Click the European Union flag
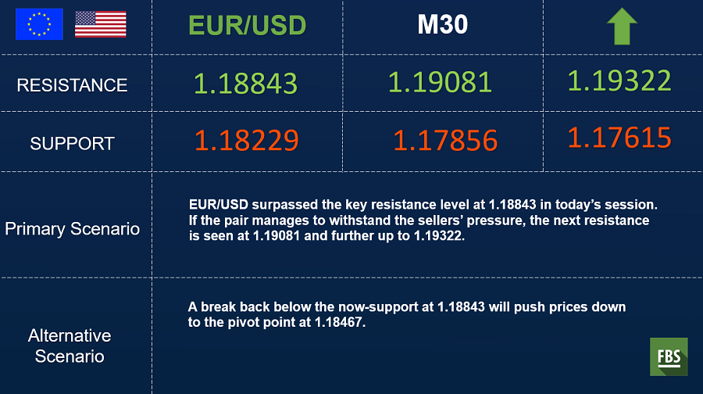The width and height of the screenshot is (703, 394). click(40, 24)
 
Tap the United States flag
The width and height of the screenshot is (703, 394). click(101, 24)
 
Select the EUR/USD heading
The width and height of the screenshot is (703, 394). click(248, 25)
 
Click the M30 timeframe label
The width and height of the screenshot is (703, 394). click(443, 24)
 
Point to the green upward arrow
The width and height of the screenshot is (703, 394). click(622, 27)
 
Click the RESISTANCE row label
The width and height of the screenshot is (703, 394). click(72, 85)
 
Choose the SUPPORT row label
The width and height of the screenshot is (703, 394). click(72, 144)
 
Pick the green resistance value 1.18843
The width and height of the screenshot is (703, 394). click(246, 84)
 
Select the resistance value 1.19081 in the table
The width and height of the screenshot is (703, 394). click(440, 83)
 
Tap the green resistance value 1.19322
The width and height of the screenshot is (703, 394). click(619, 81)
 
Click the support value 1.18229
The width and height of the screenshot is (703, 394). click(247, 140)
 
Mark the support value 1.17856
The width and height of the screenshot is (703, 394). click(445, 141)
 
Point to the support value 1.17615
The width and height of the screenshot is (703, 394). click(619, 138)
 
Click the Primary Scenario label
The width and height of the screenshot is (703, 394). click(72, 229)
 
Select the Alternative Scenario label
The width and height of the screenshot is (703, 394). click(70, 346)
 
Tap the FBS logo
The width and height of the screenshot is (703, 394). click(669, 356)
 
